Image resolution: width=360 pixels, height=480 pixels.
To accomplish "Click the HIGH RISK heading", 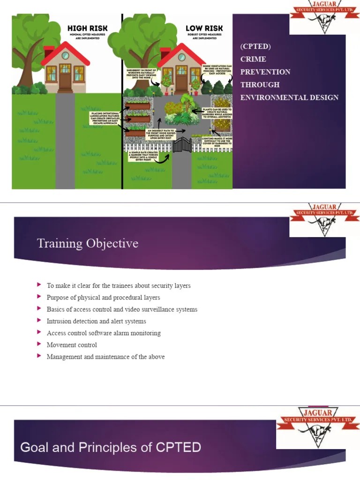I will pyautogui.click(x=87, y=28).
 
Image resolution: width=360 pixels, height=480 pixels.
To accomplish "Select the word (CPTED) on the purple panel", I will pyautogui.click(x=255, y=46).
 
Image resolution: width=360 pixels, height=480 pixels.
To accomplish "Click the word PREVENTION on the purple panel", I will pyautogui.click(x=265, y=72).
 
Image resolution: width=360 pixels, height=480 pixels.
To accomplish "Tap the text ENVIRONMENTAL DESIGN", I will pyautogui.click(x=289, y=97).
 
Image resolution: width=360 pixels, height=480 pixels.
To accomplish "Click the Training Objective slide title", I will pyautogui.click(x=87, y=243).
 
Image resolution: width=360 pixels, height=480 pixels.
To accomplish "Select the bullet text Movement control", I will pyautogui.click(x=72, y=345).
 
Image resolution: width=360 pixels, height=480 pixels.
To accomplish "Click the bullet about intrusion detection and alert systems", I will pyautogui.click(x=96, y=321).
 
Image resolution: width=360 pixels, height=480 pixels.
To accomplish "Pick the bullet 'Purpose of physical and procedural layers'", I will pyautogui.click(x=103, y=297).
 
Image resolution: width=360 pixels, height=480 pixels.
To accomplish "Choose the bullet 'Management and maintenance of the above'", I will pyautogui.click(x=105, y=357).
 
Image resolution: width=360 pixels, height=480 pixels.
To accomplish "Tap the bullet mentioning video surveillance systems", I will pyautogui.click(x=122, y=309).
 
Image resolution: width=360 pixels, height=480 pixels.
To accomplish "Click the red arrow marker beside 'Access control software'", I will pyautogui.click(x=39, y=333).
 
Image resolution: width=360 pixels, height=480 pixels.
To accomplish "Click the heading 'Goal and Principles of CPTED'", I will pyautogui.click(x=111, y=447).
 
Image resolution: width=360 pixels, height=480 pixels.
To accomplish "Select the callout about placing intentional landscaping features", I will pyautogui.click(x=105, y=118).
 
